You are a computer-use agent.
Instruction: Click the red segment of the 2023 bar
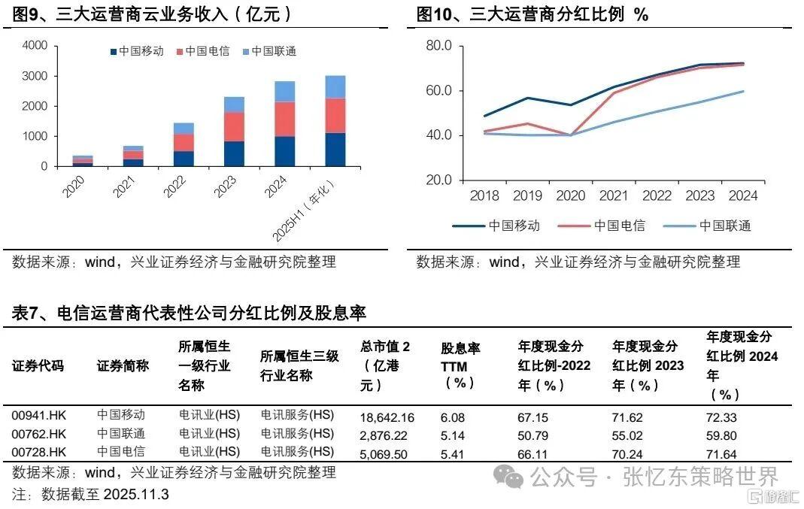click(x=234, y=126)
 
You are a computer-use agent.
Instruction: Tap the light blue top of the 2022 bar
click(x=184, y=128)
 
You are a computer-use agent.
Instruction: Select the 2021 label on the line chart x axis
click(x=614, y=196)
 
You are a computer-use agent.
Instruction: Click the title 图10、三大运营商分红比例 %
click(x=532, y=14)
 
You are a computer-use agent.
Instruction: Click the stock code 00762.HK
click(x=39, y=435)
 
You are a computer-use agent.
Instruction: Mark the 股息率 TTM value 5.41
click(x=453, y=453)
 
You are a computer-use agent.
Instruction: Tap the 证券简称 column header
click(x=123, y=366)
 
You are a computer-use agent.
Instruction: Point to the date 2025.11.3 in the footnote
click(x=138, y=494)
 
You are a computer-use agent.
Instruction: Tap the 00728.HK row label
click(x=39, y=453)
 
